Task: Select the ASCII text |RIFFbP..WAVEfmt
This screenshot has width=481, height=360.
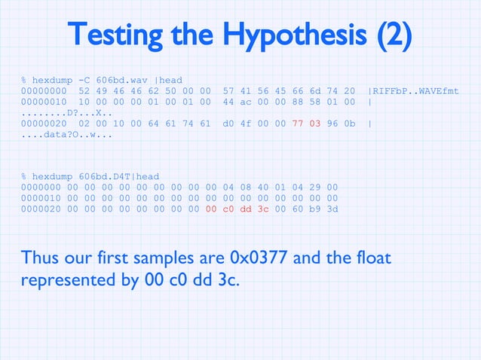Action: click(x=413, y=91)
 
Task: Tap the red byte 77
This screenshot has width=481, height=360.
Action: click(x=298, y=125)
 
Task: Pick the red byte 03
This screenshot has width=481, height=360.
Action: click(x=316, y=125)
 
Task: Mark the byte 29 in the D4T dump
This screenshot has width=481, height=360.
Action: click(x=316, y=188)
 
